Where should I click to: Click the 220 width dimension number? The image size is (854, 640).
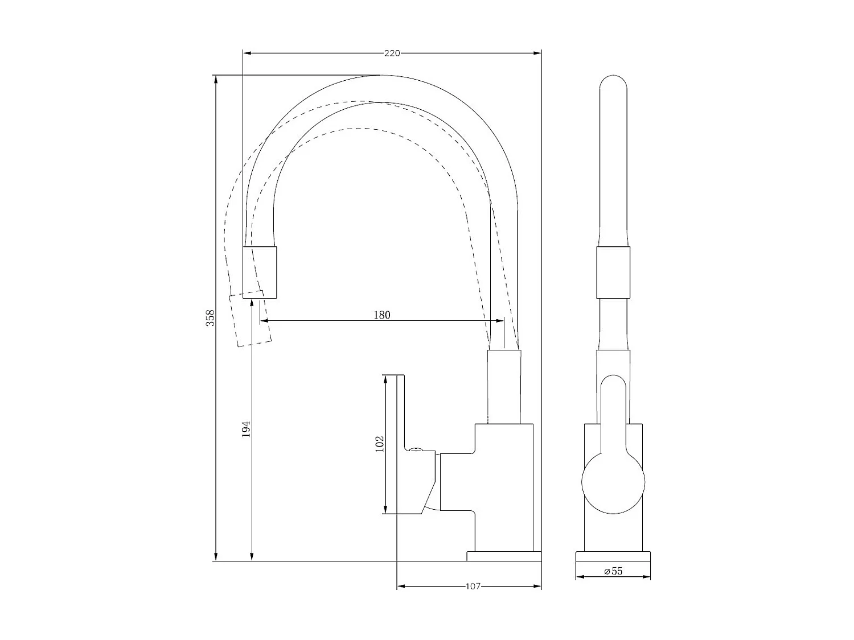tap(392, 53)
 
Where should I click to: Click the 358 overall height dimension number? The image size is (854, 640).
tap(210, 317)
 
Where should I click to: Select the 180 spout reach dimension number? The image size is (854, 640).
tap(382, 315)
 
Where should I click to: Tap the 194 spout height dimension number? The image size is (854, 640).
tap(246, 429)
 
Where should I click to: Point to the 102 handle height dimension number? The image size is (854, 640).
tap(380, 444)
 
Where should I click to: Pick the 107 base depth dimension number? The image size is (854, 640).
tap(473, 586)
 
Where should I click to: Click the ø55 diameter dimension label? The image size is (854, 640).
tap(613, 571)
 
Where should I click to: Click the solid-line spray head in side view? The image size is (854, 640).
tap(260, 272)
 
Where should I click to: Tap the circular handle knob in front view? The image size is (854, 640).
tap(613, 481)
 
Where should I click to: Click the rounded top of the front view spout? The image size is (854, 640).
tap(613, 85)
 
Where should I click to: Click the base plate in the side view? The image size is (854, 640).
tap(503, 556)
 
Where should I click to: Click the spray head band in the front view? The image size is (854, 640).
tap(613, 272)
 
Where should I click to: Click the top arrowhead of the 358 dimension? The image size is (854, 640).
tap(216, 79)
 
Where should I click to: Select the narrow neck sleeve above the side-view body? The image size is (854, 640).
tap(504, 387)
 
